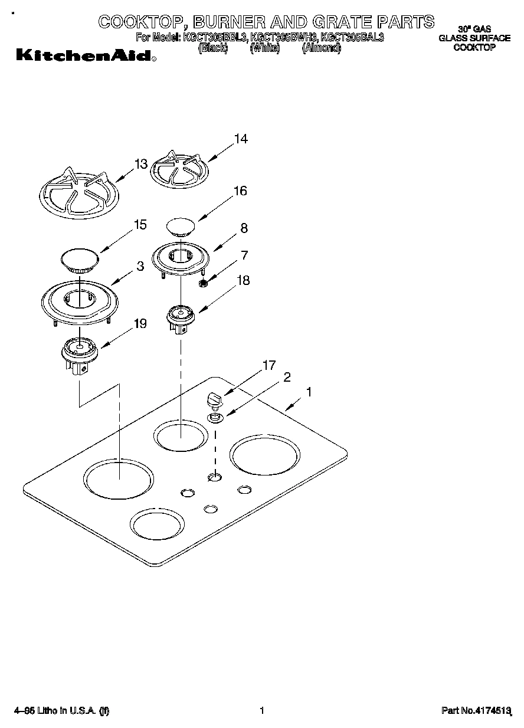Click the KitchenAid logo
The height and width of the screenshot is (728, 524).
tap(85, 56)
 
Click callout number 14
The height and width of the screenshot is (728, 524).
tap(240, 140)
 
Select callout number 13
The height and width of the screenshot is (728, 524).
tap(140, 165)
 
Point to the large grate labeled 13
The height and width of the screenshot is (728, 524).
tap(78, 193)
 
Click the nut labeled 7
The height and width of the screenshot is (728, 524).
tap(202, 284)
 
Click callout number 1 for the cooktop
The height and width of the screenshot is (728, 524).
tap(309, 391)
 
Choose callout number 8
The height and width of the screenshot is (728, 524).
tap(244, 228)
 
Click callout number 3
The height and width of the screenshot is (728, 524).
tap(140, 267)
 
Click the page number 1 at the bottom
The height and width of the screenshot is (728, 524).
tap(261, 711)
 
